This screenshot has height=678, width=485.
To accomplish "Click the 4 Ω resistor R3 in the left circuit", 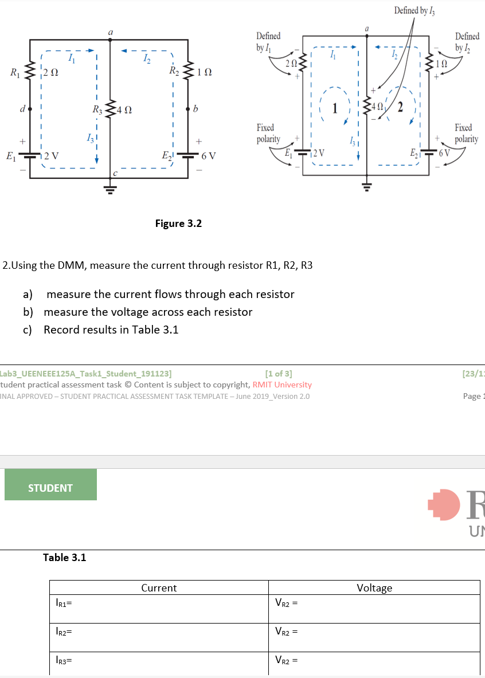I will [x=109, y=108].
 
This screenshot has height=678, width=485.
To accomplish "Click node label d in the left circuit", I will [x=20, y=108].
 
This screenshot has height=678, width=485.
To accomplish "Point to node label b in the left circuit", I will [x=196, y=108].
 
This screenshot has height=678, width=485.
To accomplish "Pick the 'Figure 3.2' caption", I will [x=178, y=223].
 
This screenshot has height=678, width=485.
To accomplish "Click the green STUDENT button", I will [x=50, y=488].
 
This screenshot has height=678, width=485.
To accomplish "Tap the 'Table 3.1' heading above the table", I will [x=65, y=557].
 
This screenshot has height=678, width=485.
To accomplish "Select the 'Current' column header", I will [x=159, y=587].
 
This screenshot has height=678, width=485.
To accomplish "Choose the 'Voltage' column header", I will [x=374, y=587].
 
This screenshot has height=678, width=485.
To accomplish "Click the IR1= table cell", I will [x=159, y=608].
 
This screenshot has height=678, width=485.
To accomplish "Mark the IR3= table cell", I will [x=159, y=664].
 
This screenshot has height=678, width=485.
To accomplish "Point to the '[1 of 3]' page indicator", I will [x=279, y=374].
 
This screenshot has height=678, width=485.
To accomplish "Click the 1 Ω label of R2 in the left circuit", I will [x=204, y=72].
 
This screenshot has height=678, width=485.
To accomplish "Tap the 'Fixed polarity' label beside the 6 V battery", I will [x=466, y=133].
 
